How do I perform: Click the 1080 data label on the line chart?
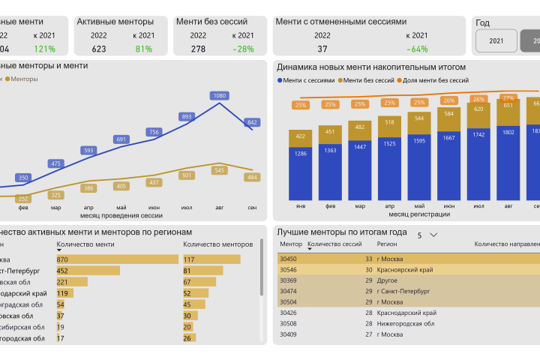click(x=220, y=96)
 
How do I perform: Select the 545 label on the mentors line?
click(x=220, y=170)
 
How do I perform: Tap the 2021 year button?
click(x=496, y=40)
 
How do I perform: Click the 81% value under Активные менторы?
click(x=144, y=49)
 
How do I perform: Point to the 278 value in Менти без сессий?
click(x=198, y=49)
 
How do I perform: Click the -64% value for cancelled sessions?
click(x=417, y=49)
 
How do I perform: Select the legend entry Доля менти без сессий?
click(x=435, y=79)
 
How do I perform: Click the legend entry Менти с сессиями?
click(x=307, y=79)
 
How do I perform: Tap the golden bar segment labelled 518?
click(x=389, y=121)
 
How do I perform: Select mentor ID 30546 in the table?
click(x=288, y=268)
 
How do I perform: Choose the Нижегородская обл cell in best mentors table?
click(x=406, y=323)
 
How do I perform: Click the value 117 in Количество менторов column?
click(x=189, y=259)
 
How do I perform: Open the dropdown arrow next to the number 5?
click(x=433, y=235)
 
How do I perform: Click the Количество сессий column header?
click(x=335, y=244)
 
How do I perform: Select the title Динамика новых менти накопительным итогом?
click(x=370, y=67)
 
